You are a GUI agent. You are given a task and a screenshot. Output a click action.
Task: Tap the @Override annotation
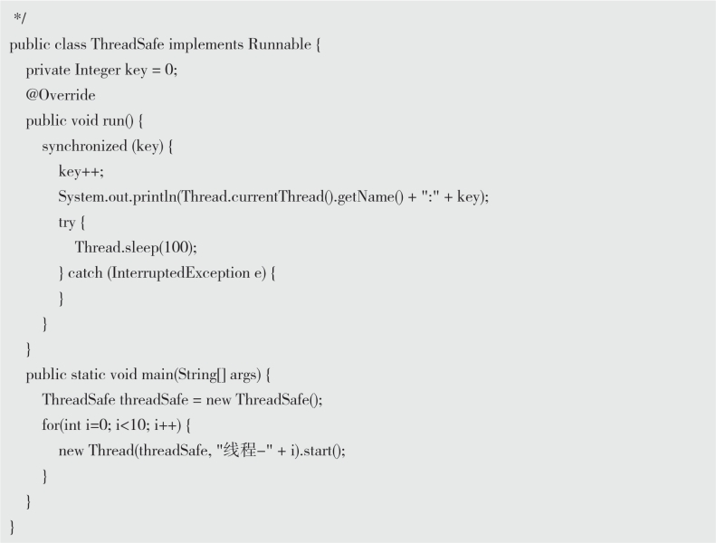click(60, 95)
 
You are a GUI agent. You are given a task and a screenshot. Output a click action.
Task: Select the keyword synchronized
click(83, 146)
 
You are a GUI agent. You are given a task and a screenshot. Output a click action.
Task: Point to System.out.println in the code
click(118, 196)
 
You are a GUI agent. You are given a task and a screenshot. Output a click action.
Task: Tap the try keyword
click(67, 222)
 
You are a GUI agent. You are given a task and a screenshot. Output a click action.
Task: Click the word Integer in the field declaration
click(96, 70)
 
